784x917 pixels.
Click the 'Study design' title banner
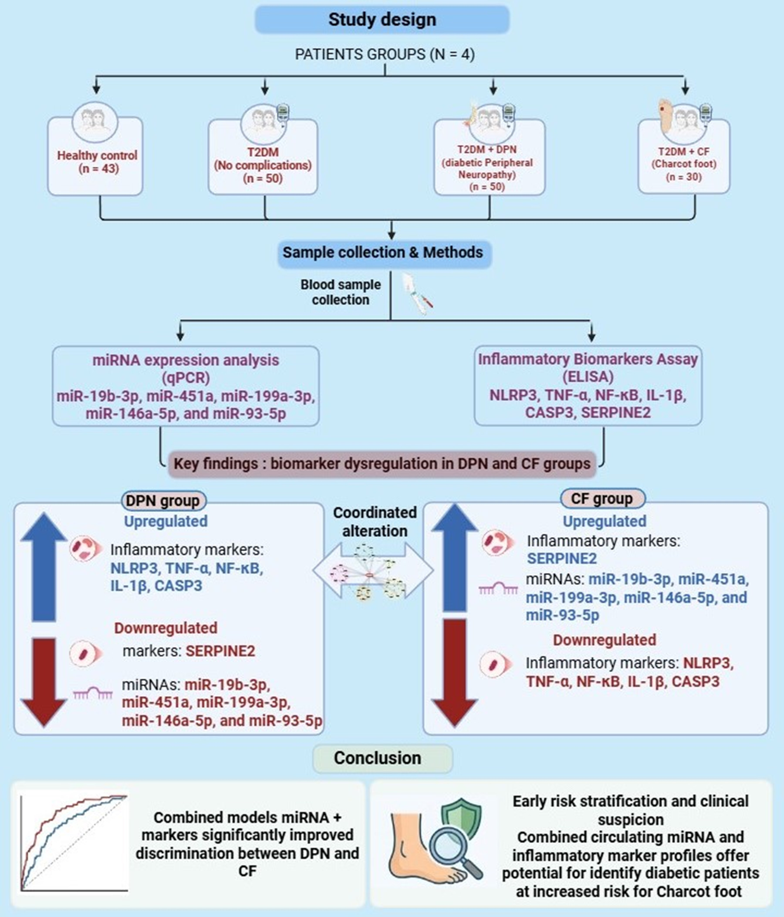tap(382, 19)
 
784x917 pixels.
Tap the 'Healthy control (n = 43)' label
tap(97, 162)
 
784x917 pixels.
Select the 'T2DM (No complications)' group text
tap(263, 158)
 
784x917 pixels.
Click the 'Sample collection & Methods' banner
tap(383, 253)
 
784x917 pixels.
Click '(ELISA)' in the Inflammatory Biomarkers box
tap(588, 377)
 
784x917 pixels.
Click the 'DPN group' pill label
tap(163, 501)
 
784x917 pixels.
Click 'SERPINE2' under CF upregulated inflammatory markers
tap(562, 558)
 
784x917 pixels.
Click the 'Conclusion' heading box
tap(382, 758)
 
